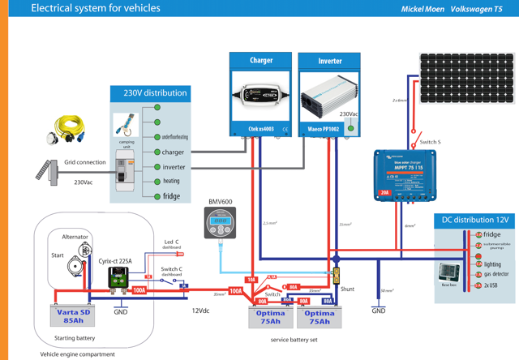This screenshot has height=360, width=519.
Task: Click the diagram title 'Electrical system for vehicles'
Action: point(95,9)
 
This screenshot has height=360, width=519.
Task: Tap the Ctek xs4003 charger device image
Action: point(261,95)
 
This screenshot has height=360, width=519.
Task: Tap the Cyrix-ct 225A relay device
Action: point(120,277)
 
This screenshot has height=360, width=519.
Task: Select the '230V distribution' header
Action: point(155,93)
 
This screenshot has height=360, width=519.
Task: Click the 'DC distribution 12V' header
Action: point(475,220)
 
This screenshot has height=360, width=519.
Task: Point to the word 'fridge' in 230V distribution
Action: point(171,196)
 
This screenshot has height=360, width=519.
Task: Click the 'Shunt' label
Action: point(346,289)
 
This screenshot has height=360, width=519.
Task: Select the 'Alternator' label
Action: point(75,237)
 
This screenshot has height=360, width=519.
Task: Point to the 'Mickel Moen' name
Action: point(422,10)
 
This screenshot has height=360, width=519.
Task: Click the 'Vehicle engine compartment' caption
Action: point(78,354)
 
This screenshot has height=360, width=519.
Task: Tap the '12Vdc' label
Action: point(201,311)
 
